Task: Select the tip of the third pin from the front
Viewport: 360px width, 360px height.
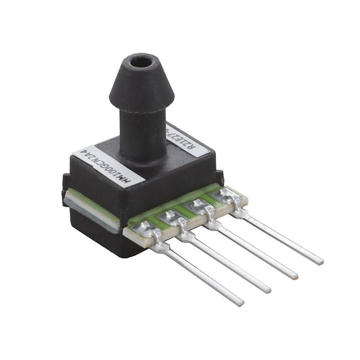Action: point(295,276)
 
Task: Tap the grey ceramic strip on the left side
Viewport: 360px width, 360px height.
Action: point(93,211)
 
